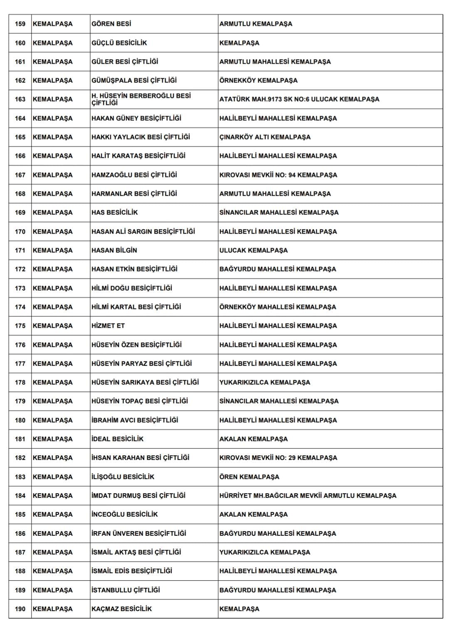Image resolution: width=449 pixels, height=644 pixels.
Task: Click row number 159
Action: pos(20,24)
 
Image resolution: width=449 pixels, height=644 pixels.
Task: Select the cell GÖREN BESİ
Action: pos(111,24)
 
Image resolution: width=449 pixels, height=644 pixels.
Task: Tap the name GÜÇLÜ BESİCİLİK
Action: pos(119,43)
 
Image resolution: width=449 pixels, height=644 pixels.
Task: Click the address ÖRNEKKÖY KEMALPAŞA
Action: pos(258,80)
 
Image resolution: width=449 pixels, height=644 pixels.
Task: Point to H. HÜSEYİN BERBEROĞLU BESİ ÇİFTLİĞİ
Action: pos(141,99)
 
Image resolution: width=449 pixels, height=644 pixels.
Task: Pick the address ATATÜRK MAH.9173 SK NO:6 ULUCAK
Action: pos(299,99)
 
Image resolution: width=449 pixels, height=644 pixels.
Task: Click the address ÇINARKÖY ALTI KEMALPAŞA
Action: pos(264,137)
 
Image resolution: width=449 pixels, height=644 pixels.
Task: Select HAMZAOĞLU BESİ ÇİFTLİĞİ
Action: pos(134,175)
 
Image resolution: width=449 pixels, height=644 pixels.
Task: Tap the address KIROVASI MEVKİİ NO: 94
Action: pos(278,175)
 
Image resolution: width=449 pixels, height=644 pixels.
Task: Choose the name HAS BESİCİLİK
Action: pos(114,212)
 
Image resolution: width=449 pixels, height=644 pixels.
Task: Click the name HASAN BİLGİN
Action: pos(114,250)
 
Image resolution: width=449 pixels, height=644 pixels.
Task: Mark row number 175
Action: pos(20,326)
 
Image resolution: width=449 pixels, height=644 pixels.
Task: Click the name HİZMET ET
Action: pos(108,326)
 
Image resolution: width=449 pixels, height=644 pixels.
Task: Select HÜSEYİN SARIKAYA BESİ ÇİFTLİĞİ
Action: pos(145,382)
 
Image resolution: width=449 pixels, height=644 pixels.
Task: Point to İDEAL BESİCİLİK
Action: pos(117,439)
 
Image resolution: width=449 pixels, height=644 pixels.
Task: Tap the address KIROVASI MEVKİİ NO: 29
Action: pos(278,458)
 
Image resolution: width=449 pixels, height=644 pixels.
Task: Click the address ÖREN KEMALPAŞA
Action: pos(249,477)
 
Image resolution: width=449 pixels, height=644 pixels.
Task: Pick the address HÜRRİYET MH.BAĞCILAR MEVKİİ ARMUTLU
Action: pos(308,495)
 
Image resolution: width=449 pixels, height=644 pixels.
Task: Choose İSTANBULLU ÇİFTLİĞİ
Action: pos(126,590)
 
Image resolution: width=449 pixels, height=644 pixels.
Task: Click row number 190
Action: pos(20,609)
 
